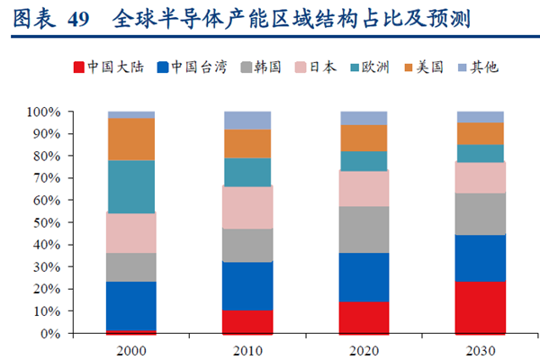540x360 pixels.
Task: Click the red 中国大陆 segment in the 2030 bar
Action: pos(481,308)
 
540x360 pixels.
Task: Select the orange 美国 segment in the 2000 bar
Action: pos(131,139)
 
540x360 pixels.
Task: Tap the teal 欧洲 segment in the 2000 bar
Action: pos(131,186)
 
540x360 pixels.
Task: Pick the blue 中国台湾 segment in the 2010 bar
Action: pos(247,286)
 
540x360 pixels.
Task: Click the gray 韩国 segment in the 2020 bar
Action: pos(364,229)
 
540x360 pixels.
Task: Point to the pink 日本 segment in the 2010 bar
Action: pos(247,207)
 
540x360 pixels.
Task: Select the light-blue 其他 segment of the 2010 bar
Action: pos(247,121)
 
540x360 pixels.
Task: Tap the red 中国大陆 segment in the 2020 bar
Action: pos(364,318)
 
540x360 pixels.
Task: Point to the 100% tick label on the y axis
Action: pos(44,112)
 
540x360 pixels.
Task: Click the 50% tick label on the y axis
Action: pos(47,222)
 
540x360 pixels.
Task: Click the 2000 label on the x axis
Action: pos(131,347)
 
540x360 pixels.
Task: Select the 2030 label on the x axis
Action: pos(481,347)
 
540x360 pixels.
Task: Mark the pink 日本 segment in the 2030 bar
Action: pos(481,177)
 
